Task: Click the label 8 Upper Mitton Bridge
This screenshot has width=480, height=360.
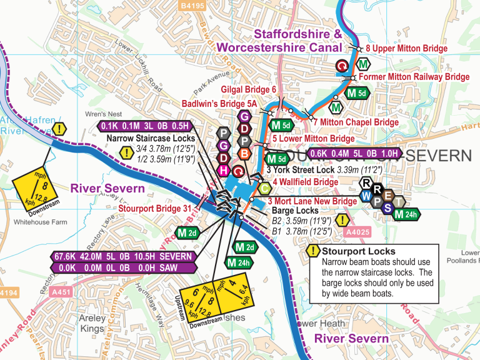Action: tap(406, 48)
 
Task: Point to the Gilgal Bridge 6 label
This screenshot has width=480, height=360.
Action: tap(248, 90)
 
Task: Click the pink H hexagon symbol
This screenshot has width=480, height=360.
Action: tap(222, 171)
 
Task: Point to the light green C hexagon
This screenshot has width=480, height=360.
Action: tap(264, 187)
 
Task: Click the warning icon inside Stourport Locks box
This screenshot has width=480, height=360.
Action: tap(312, 252)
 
